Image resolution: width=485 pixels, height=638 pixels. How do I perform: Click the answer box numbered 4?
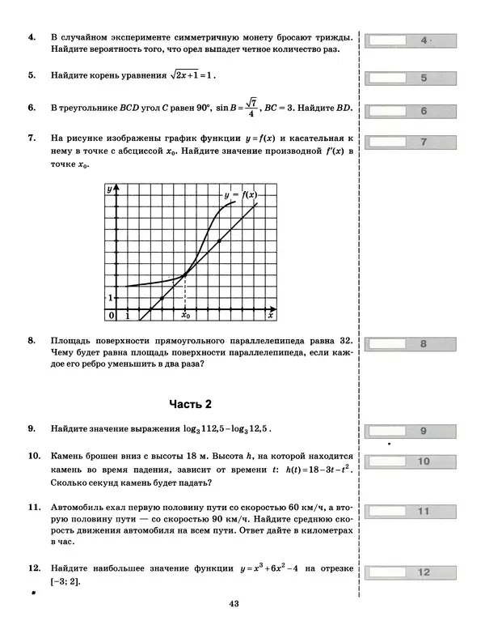pos(411,40)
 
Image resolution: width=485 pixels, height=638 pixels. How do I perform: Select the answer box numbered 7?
pos(411,142)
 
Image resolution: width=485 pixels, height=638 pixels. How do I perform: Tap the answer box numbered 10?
pos(411,462)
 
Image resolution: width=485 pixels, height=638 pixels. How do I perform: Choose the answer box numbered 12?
pos(411,572)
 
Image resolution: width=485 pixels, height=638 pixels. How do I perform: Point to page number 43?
pos(235,603)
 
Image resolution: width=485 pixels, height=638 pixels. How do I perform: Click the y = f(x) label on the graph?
pos(239,195)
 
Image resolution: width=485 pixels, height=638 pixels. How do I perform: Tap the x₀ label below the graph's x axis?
pos(186,316)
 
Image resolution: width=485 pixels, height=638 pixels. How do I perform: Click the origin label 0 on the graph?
pos(112,314)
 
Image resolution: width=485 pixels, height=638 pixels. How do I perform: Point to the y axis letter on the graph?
pos(109,189)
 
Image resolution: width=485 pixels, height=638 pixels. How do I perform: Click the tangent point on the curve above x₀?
pos(186,274)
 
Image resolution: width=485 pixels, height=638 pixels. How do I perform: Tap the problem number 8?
pos(32,342)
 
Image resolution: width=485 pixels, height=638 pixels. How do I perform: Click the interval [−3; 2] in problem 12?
pos(65,581)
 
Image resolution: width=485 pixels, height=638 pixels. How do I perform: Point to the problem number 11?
pos(34,508)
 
